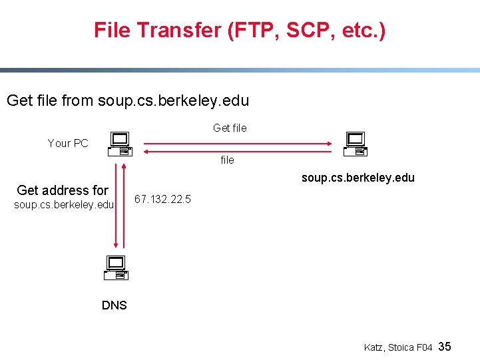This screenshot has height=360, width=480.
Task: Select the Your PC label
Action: pyautogui.click(x=68, y=143)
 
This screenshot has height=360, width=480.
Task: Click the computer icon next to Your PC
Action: pyautogui.click(x=120, y=143)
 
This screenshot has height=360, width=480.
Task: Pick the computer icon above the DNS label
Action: pyautogui.click(x=116, y=267)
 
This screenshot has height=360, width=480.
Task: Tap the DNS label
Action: pyautogui.click(x=114, y=305)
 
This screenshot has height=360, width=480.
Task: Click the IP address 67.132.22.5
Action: pyautogui.click(x=162, y=199)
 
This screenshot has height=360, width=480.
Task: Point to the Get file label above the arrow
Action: pyautogui.click(x=230, y=128)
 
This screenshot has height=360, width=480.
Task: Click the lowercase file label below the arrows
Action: pyautogui.click(x=227, y=160)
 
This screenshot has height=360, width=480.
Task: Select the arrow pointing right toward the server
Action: pyautogui.click(x=240, y=142)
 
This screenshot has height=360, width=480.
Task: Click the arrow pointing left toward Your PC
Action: pyautogui.click(x=240, y=151)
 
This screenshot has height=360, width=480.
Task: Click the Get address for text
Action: pyautogui.click(x=63, y=190)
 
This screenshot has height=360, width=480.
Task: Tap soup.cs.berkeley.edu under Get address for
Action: pyautogui.click(x=64, y=204)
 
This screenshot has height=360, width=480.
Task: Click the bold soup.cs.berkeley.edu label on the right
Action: pyautogui.click(x=358, y=178)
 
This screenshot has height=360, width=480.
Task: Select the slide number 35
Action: pyautogui.click(x=445, y=346)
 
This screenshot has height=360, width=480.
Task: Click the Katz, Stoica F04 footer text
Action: pyautogui.click(x=398, y=347)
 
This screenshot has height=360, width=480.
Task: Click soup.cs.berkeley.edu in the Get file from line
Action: pyautogui.click(x=173, y=101)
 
